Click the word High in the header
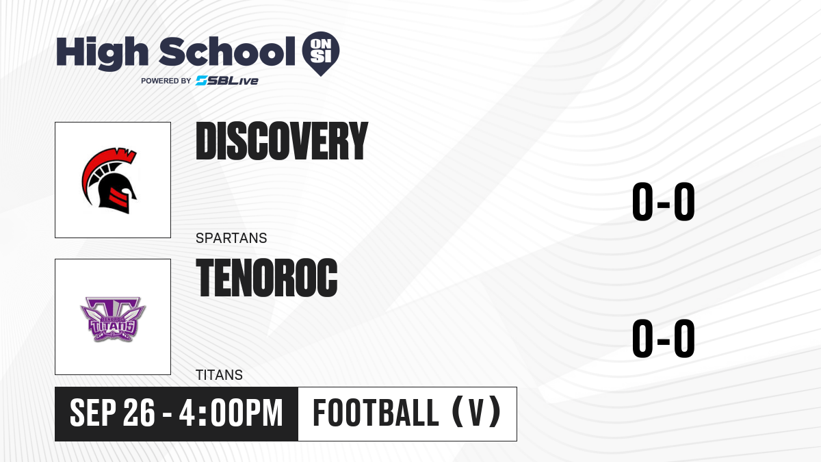click(102, 53)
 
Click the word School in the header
click(227, 51)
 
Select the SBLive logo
click(227, 81)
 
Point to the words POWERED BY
click(166, 81)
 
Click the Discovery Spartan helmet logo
click(109, 181)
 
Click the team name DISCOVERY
click(281, 141)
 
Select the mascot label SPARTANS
click(231, 238)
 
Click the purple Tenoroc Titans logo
click(113, 319)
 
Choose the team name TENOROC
click(266, 278)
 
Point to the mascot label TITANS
click(219, 375)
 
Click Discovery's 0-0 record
click(664, 202)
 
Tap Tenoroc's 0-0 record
click(664, 338)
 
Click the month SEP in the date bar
click(93, 413)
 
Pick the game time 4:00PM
click(231, 413)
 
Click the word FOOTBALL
click(376, 413)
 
